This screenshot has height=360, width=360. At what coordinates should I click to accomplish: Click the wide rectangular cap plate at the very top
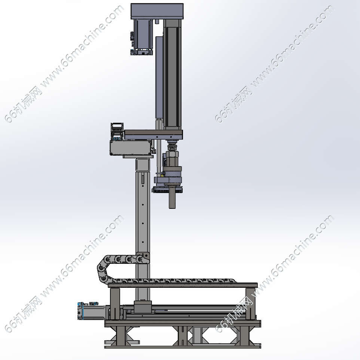(157, 11)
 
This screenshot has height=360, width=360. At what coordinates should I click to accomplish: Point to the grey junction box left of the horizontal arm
(131, 147)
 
